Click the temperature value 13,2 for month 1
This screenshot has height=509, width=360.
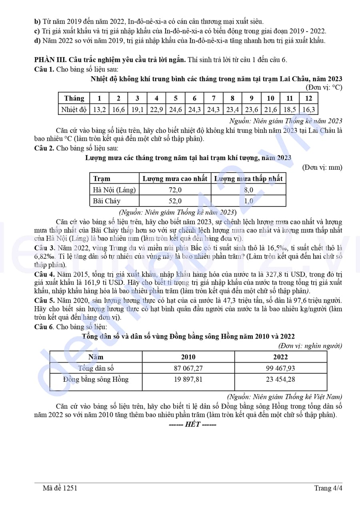tap(99, 109)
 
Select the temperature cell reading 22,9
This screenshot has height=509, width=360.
tap(156, 109)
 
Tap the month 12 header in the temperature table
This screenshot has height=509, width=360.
tap(308, 98)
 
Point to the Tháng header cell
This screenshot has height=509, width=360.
tap(74, 98)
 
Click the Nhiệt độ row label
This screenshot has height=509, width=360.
tap(74, 109)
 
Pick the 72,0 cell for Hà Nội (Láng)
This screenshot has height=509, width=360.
tap(175, 190)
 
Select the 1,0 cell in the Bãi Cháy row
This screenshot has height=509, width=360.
tap(248, 201)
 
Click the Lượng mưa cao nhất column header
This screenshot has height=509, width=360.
tap(175, 178)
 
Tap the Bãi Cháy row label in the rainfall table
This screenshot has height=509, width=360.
tap(107, 201)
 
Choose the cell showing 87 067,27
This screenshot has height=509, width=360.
tap(188, 368)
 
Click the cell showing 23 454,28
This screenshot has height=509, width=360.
tap(280, 379)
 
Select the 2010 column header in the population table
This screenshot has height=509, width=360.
tap(188, 357)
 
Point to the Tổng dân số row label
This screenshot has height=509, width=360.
tap(96, 368)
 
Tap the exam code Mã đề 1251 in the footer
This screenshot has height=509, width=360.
tap(60, 488)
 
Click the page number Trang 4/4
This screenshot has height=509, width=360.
tap(328, 488)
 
